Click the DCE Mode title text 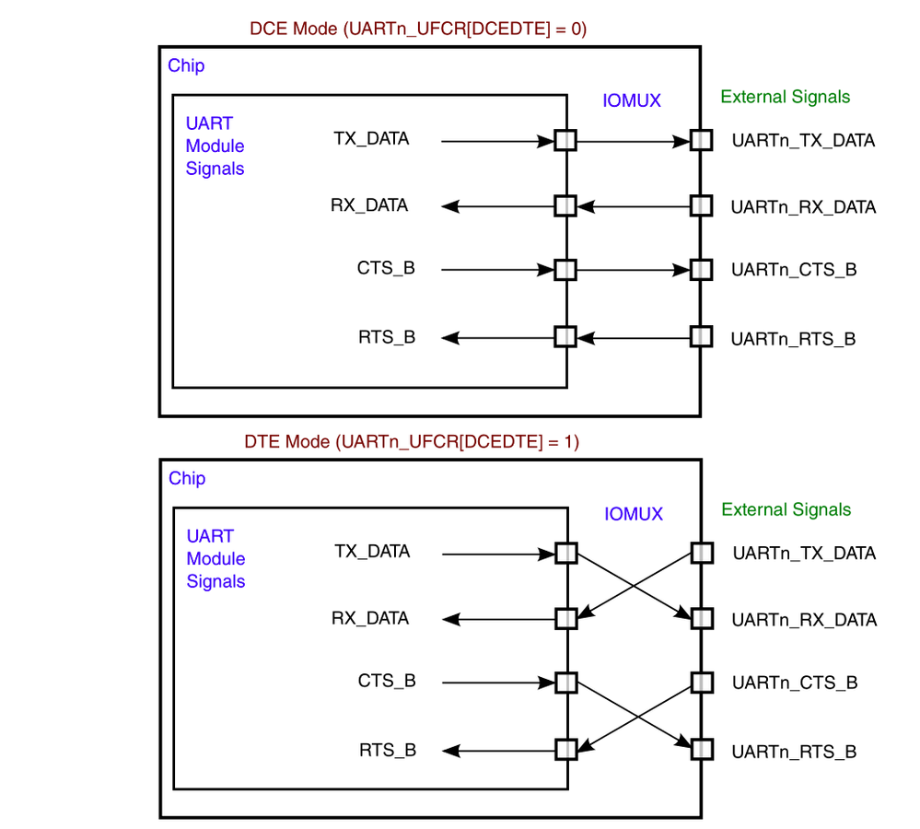(x=418, y=29)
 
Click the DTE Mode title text (x=412, y=441)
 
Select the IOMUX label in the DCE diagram (x=631, y=100)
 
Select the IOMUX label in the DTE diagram (x=634, y=514)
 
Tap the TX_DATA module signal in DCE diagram (x=371, y=139)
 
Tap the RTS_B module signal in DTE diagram (x=388, y=750)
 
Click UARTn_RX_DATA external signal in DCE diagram (x=803, y=207)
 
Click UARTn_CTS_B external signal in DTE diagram (x=795, y=683)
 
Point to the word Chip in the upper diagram (x=186, y=66)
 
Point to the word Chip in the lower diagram (x=187, y=478)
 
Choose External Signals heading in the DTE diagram (x=786, y=509)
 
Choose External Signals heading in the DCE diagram (x=786, y=97)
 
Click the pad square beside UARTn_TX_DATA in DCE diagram (x=702, y=141)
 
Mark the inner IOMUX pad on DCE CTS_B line (x=565, y=270)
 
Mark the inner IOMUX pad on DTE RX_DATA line (x=566, y=617)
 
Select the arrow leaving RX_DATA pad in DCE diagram (x=497, y=205)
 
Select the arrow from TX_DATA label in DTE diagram (x=497, y=554)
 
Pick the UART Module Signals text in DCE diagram (x=215, y=146)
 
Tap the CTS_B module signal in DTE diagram (x=387, y=681)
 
